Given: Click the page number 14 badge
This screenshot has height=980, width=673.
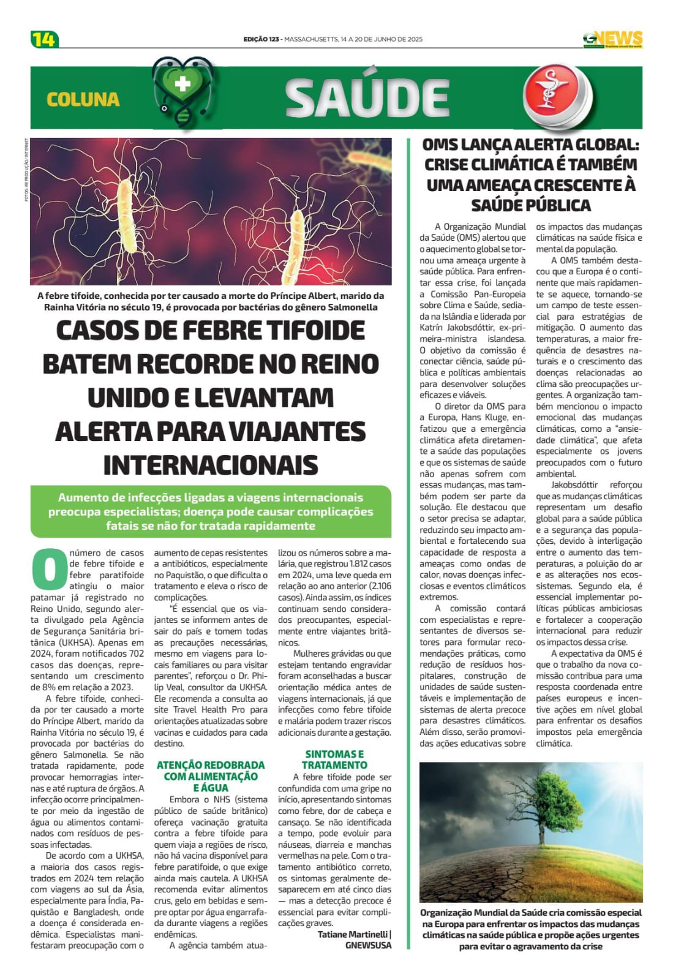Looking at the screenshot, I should coord(43,39).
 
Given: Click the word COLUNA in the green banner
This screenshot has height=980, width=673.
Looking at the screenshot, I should coord(83,99).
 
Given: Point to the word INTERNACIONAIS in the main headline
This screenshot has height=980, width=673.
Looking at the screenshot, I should coord(211,464).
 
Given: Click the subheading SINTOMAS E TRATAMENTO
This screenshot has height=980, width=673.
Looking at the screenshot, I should coord(334,759).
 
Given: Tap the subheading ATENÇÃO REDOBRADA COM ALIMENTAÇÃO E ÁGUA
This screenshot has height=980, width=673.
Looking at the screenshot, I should coord(211,776).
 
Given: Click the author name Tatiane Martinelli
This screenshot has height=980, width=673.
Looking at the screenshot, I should coord(353,934).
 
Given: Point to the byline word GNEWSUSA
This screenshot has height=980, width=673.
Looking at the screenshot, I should coord(368,945).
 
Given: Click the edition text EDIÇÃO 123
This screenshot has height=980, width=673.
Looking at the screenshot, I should coord(261,39).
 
